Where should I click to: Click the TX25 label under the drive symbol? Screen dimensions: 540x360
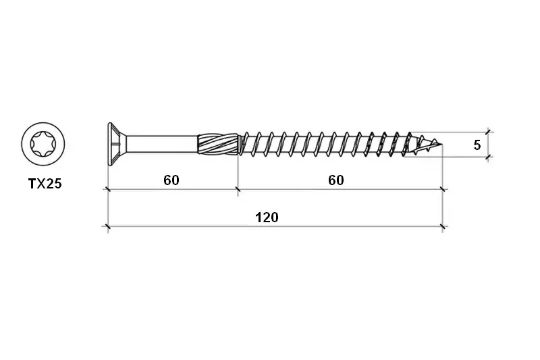(x=45, y=184)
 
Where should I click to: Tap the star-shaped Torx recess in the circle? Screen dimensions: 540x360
(x=43, y=144)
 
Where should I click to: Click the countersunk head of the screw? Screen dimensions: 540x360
(x=116, y=145)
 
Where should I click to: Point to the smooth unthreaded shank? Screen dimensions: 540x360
(x=162, y=144)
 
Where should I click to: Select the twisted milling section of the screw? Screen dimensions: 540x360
(x=218, y=144)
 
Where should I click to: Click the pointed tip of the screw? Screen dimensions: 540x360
(x=441, y=145)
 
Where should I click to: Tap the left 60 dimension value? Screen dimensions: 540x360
(x=171, y=180)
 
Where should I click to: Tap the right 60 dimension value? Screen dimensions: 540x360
(x=335, y=180)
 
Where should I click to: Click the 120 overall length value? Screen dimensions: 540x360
(x=267, y=217)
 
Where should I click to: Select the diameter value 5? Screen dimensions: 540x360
(x=477, y=145)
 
